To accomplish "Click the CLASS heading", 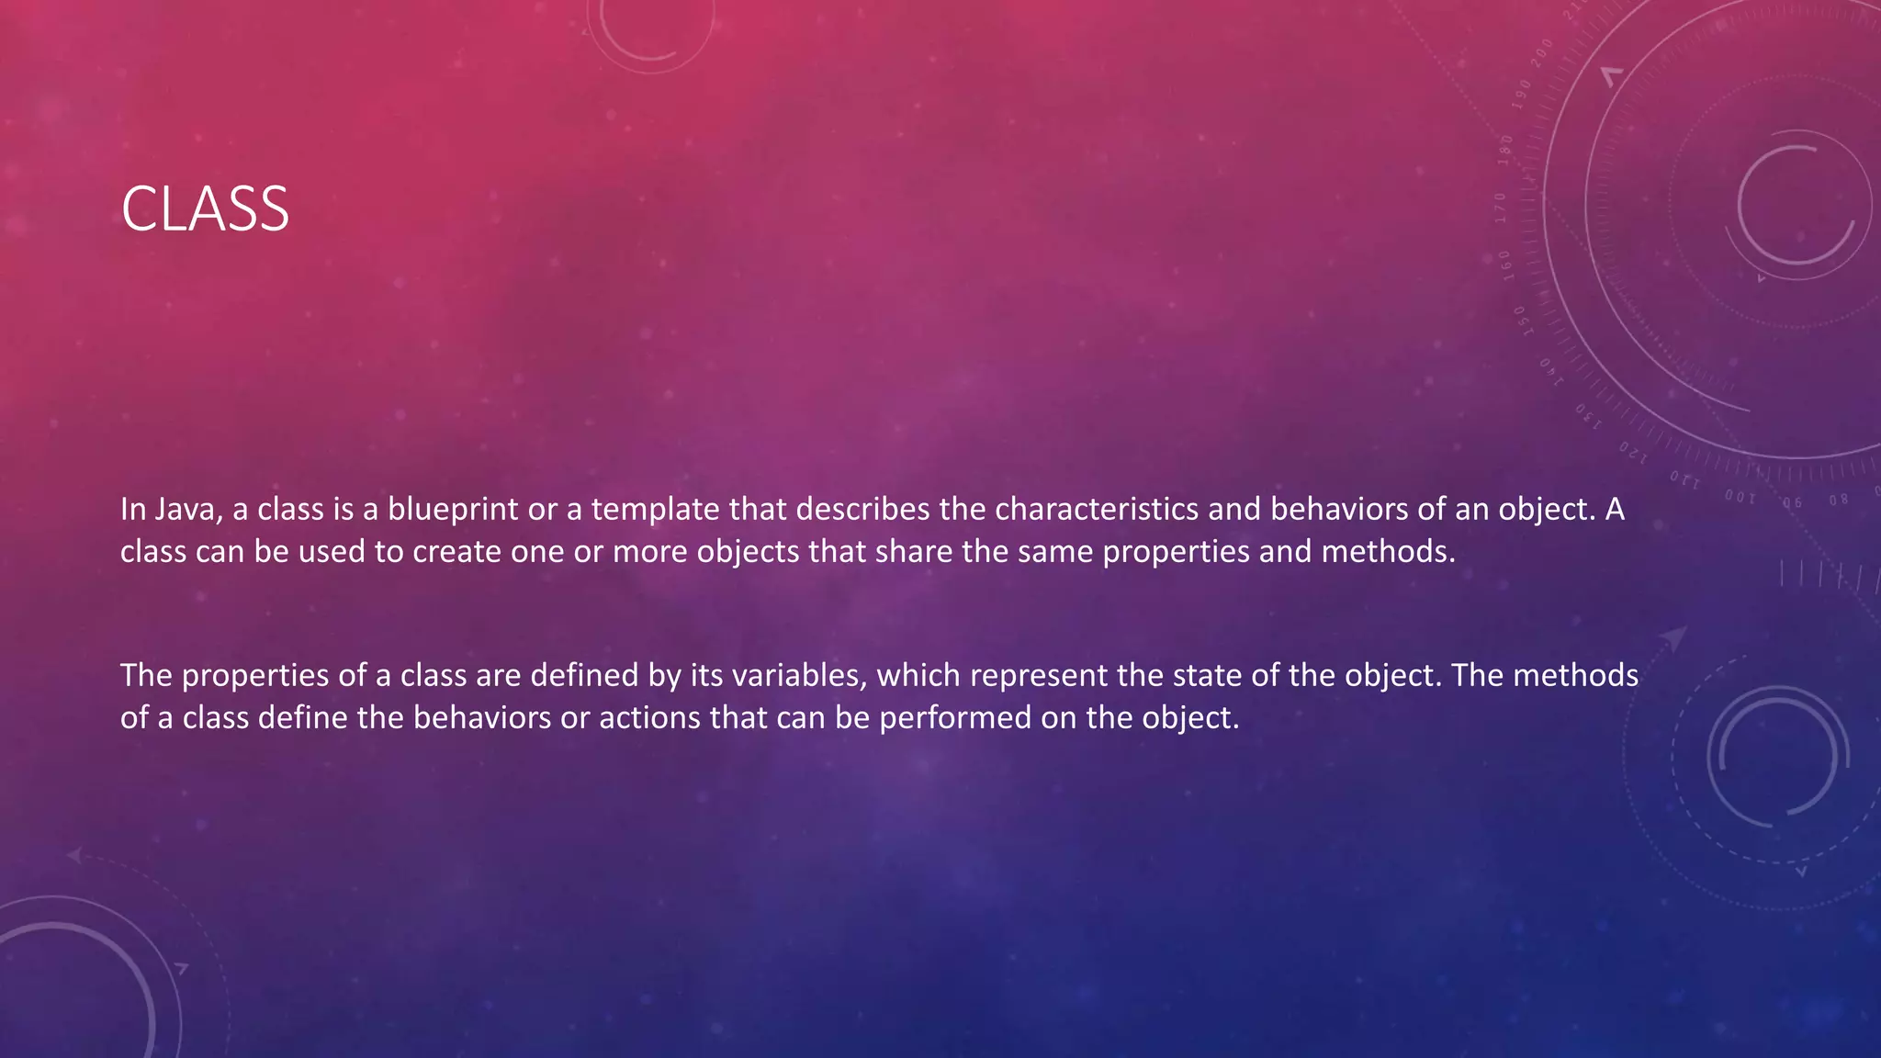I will click(205, 209).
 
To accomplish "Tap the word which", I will click(918, 675).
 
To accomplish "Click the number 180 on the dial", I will click(1505, 149).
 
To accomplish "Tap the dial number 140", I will click(1550, 371).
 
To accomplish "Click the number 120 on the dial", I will click(1633, 452).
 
